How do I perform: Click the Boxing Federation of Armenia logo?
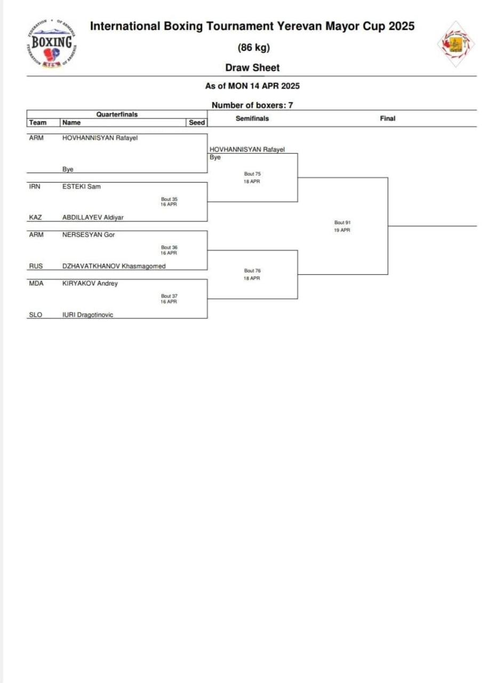(52, 44)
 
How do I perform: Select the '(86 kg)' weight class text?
(254, 47)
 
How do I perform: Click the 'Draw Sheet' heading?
(252, 68)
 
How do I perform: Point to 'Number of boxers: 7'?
(252, 105)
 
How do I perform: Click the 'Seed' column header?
(197, 123)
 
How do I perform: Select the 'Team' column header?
(37, 123)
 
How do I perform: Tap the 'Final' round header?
(388, 118)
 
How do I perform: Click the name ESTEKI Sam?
(82, 187)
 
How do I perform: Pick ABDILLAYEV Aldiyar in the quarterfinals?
(93, 218)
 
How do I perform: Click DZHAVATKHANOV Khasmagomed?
(114, 266)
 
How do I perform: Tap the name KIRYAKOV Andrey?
(90, 283)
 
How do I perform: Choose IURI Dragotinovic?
(87, 315)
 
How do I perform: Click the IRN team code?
(35, 187)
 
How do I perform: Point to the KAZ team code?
(35, 218)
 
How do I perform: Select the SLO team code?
(35, 315)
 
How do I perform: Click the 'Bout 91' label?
(342, 223)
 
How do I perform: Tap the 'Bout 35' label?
(169, 200)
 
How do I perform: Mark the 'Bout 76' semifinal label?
(252, 271)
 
